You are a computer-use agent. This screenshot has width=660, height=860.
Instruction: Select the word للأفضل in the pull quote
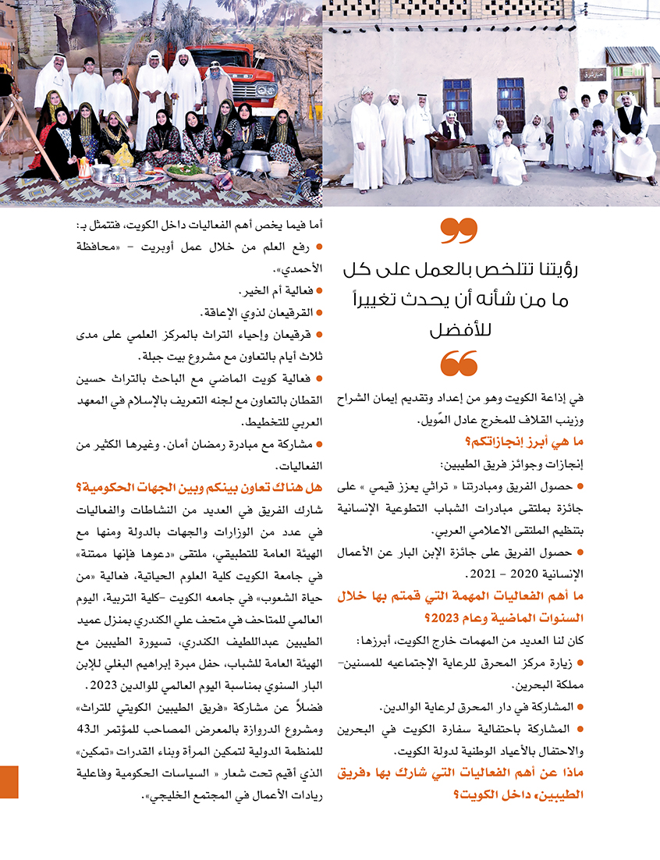[458, 330]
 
